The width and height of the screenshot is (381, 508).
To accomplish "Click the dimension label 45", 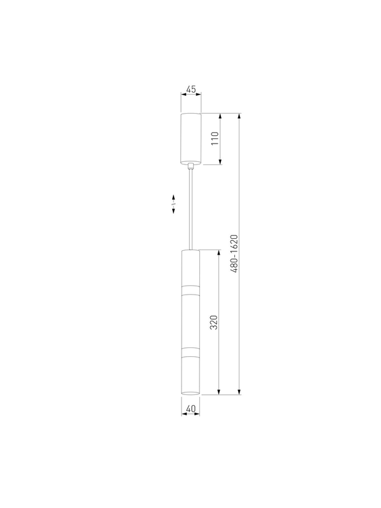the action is (191, 89).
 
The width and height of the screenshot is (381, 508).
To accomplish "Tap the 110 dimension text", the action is (215, 138).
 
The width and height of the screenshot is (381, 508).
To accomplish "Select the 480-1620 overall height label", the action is (234, 253).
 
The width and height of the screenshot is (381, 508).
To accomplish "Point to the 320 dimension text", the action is (214, 323).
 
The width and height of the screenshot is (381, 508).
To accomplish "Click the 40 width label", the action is (191, 409).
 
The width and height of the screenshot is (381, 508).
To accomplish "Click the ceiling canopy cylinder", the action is (191, 138).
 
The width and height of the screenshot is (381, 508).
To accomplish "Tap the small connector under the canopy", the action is (191, 166).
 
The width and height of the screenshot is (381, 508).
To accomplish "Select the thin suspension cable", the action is (191, 210).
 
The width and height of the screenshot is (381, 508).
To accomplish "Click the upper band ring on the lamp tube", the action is (190, 290).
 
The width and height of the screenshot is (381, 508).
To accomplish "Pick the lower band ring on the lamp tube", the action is (190, 353).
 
